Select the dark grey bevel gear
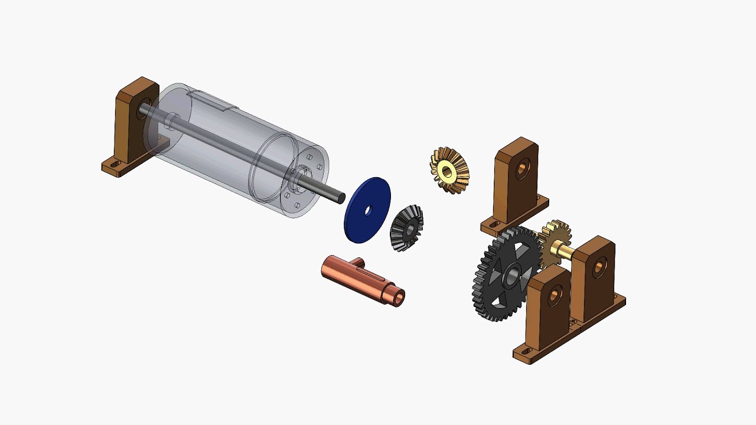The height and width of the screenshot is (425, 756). pos(407,228)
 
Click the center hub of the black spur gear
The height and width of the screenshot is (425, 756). pos(512,275)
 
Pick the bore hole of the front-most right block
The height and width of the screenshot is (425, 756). pos(555,295)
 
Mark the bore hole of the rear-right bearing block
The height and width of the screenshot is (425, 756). pos(599,267)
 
